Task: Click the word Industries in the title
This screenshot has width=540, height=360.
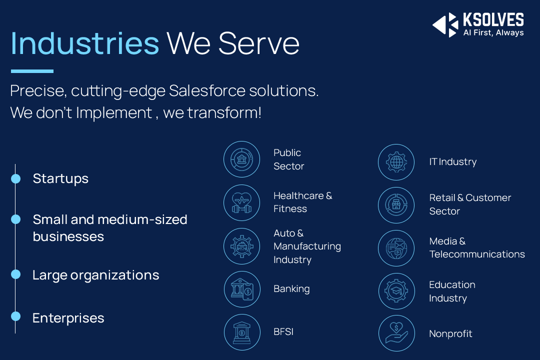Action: point(84,43)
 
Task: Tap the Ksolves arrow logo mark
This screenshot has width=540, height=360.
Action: point(445,25)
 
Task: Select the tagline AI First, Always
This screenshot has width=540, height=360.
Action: point(493,32)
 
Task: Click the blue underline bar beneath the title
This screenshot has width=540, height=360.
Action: point(32,71)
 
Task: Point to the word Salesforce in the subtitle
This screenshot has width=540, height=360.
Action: point(207,91)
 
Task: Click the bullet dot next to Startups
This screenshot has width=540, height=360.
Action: point(16,178)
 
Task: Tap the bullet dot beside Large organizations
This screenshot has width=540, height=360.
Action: point(16,274)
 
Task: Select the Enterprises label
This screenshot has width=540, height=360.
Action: point(68,318)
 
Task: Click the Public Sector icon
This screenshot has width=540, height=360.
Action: point(242,159)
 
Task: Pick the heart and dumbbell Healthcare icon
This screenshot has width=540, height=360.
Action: point(242,202)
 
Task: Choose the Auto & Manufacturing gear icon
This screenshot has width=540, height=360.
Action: point(242,246)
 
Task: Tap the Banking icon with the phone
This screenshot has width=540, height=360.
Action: point(242,289)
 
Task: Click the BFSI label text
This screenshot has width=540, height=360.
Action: point(283,332)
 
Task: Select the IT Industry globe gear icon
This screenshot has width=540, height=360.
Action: point(396,162)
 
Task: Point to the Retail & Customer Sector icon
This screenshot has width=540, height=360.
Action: point(396,205)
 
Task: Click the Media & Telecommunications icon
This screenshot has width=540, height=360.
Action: point(396,248)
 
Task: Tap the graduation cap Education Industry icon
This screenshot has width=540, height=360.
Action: point(396,291)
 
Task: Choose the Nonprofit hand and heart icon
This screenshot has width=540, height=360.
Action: point(396,333)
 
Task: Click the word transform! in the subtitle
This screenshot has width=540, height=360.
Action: point(224,112)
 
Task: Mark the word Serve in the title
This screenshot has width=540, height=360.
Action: point(259,43)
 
